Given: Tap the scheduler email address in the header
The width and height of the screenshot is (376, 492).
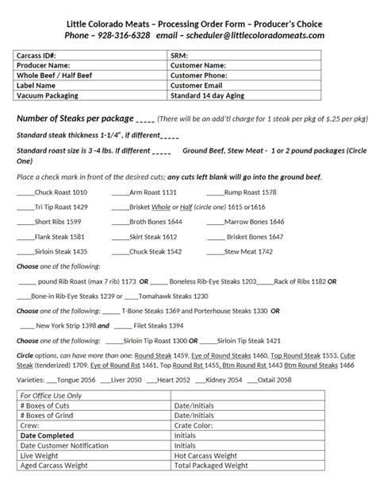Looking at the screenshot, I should (267, 36).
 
